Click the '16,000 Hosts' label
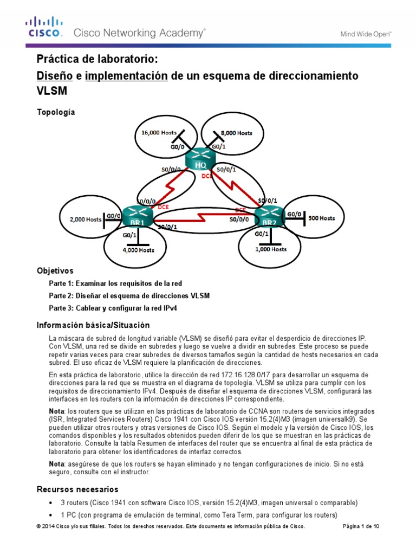click(x=159, y=132)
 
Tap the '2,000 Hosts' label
click(x=86, y=220)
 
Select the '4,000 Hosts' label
click(x=138, y=250)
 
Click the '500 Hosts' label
click(x=322, y=218)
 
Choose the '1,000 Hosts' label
click(x=270, y=249)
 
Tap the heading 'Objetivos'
click(x=55, y=270)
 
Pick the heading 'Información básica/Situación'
click(x=93, y=325)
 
